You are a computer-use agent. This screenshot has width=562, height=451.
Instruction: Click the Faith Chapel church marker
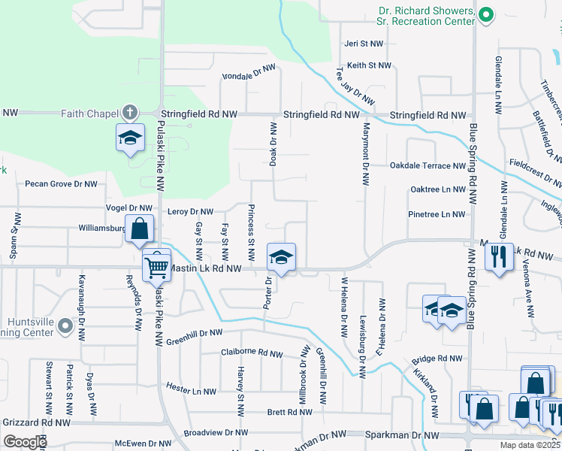pos(130,113)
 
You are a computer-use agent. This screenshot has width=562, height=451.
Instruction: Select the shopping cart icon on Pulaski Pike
pos(157,265)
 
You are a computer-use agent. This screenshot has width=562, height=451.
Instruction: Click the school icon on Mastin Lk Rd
pos(281,257)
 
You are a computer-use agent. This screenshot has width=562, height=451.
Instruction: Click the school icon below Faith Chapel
pos(130,138)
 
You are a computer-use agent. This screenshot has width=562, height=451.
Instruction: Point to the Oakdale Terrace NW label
pos(428,165)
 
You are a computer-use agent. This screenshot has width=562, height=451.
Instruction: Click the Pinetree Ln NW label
pos(437,214)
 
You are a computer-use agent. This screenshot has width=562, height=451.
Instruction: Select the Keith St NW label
pos(369,65)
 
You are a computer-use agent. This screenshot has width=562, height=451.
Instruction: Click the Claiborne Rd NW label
pos(252,353)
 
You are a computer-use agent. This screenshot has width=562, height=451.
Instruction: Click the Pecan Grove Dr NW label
pos(61,183)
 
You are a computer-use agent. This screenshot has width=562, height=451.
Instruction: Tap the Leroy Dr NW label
pos(191,212)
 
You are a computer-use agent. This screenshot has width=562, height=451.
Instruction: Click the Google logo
pos(26,441)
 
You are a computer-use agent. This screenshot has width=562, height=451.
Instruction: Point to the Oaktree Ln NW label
pos(437,189)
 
